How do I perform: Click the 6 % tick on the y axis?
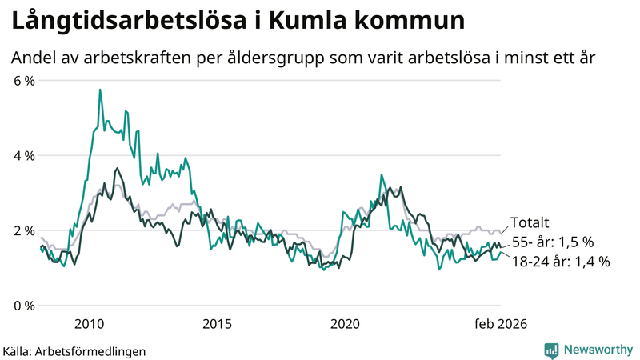pos(22,81)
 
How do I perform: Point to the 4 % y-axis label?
pos(22,156)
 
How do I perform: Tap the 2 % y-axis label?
pos(22,231)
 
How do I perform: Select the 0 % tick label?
pos(22,306)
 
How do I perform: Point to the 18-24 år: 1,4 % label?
pos(560,261)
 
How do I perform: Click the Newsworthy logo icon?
pos(551,350)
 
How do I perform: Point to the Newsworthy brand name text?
pos(596,350)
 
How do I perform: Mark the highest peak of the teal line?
pos(100,90)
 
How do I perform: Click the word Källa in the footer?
pos(18,350)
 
